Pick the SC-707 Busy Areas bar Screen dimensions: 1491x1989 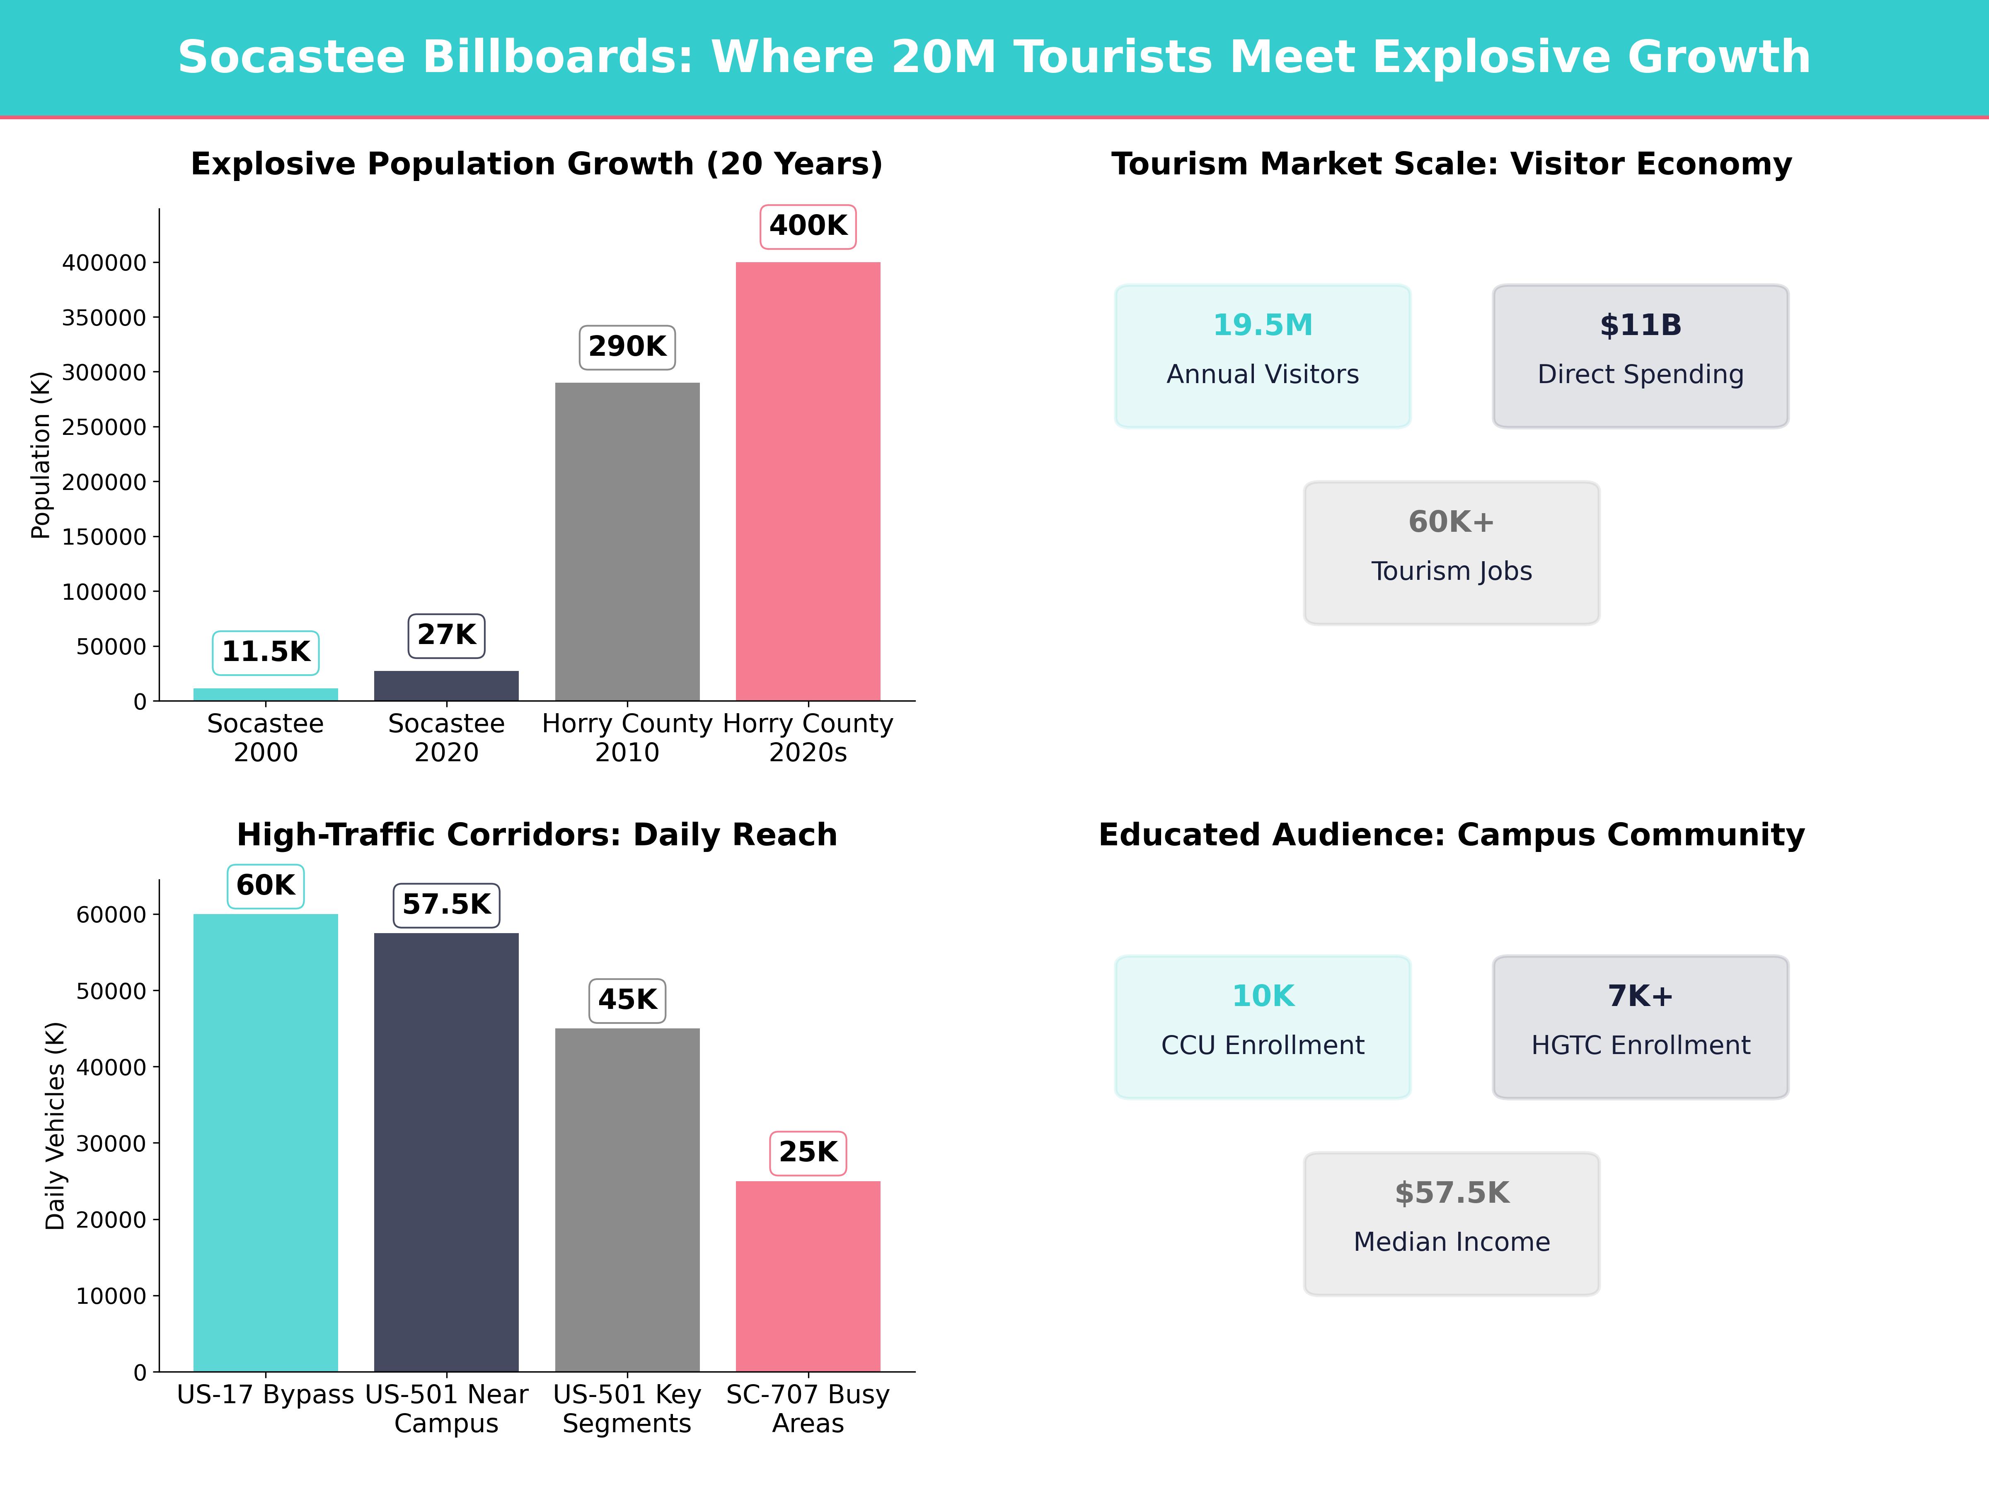pyautogui.click(x=808, y=1276)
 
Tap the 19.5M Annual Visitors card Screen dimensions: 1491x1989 pyautogui.click(x=1263, y=356)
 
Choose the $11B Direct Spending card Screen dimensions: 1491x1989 pyautogui.click(x=1640, y=356)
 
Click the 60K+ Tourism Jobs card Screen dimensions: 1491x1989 pyautogui.click(x=1451, y=553)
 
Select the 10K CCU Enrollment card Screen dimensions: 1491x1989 pyautogui.click(x=1263, y=1026)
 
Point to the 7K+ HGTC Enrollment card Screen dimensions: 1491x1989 pyautogui.click(x=1640, y=1026)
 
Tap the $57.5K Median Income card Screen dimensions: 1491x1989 pyautogui.click(x=1451, y=1223)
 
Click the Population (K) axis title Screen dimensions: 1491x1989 pyautogui.click(x=41, y=455)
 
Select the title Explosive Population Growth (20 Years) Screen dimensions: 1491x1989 pyautogui.click(x=537, y=164)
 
